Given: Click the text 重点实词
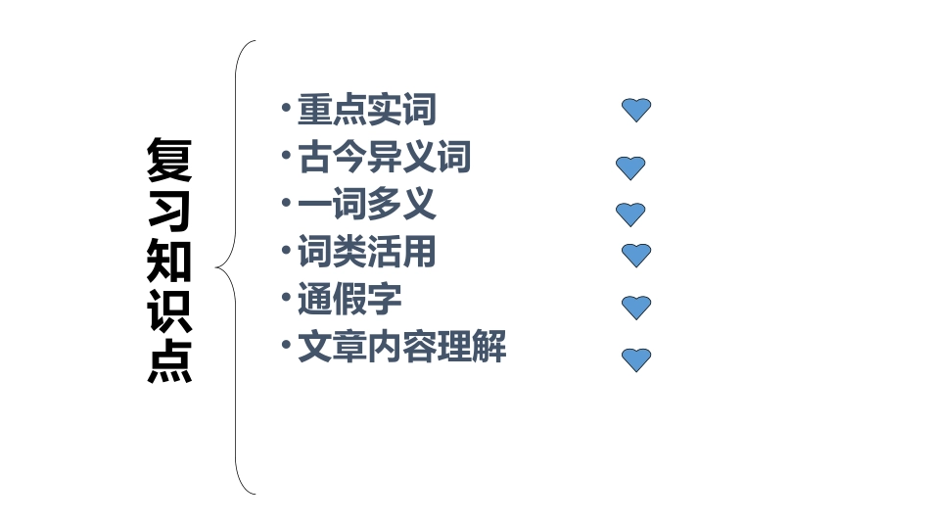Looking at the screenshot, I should pos(366,110).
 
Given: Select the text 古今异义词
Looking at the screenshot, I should pos(385,157).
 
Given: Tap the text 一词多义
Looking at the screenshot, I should pos(366,205).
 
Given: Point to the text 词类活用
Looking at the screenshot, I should pos(366,253).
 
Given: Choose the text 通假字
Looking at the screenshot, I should pos(349,300).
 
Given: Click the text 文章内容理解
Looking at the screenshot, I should pos(401,348).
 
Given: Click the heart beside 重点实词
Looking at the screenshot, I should pos(636,110).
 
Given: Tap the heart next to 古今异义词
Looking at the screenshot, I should pos(630,168).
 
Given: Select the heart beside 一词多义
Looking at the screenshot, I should pos(630,214).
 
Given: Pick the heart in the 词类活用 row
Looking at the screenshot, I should pos(636,255).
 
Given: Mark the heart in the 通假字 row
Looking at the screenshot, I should pos(636,307).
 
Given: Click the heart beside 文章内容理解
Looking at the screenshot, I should pos(636,359).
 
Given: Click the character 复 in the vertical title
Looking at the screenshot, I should pos(169,162).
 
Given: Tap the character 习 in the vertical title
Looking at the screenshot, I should pos(169,211).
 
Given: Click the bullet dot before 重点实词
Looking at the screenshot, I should pos(285,107).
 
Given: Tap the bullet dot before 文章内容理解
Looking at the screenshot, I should pos(285,345).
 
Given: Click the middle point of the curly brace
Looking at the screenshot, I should pos(219,266).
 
